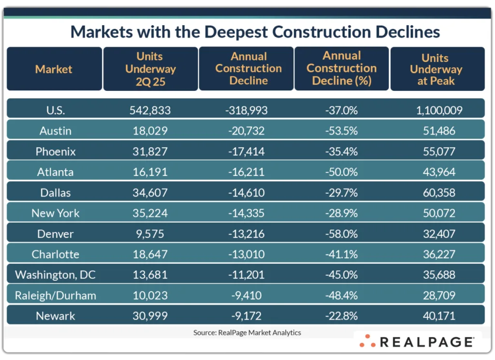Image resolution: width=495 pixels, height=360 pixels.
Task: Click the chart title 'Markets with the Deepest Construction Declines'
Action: (255, 32)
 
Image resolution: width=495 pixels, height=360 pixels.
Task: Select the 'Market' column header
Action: (54, 69)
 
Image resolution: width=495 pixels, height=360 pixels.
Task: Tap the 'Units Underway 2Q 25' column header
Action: (150, 69)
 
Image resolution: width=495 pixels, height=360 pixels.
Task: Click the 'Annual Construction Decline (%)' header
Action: (341, 69)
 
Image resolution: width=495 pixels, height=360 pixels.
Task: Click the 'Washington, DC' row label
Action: (55, 275)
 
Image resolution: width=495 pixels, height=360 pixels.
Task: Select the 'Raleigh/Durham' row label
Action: (55, 296)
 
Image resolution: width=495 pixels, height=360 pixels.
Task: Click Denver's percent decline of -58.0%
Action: (341, 234)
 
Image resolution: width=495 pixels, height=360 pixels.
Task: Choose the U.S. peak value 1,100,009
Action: (439, 110)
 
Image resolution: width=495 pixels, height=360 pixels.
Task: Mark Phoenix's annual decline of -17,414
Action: (246, 152)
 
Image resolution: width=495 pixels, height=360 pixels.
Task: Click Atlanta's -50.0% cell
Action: (341, 172)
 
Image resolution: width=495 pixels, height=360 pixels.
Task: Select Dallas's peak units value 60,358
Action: (439, 193)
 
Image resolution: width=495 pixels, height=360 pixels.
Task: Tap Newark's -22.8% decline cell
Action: (341, 316)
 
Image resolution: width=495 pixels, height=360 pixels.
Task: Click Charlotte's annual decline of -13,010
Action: (246, 254)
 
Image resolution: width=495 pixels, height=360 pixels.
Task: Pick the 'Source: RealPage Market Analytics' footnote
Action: (247, 332)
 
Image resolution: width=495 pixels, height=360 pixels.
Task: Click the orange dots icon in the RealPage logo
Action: (368, 341)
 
